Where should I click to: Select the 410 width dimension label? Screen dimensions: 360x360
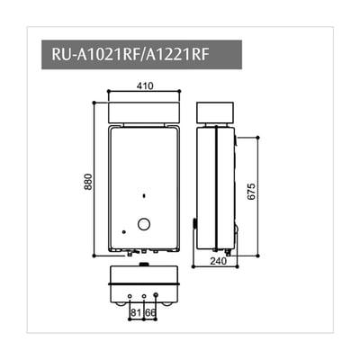[x=144, y=85]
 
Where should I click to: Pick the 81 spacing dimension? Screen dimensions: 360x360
[x=136, y=312]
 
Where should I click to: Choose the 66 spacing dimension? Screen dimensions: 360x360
[x=151, y=312]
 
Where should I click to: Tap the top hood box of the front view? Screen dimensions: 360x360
[x=144, y=112]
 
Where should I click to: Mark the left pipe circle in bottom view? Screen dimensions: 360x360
[x=130, y=295]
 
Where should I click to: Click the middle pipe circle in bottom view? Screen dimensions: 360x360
[x=143, y=295]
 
